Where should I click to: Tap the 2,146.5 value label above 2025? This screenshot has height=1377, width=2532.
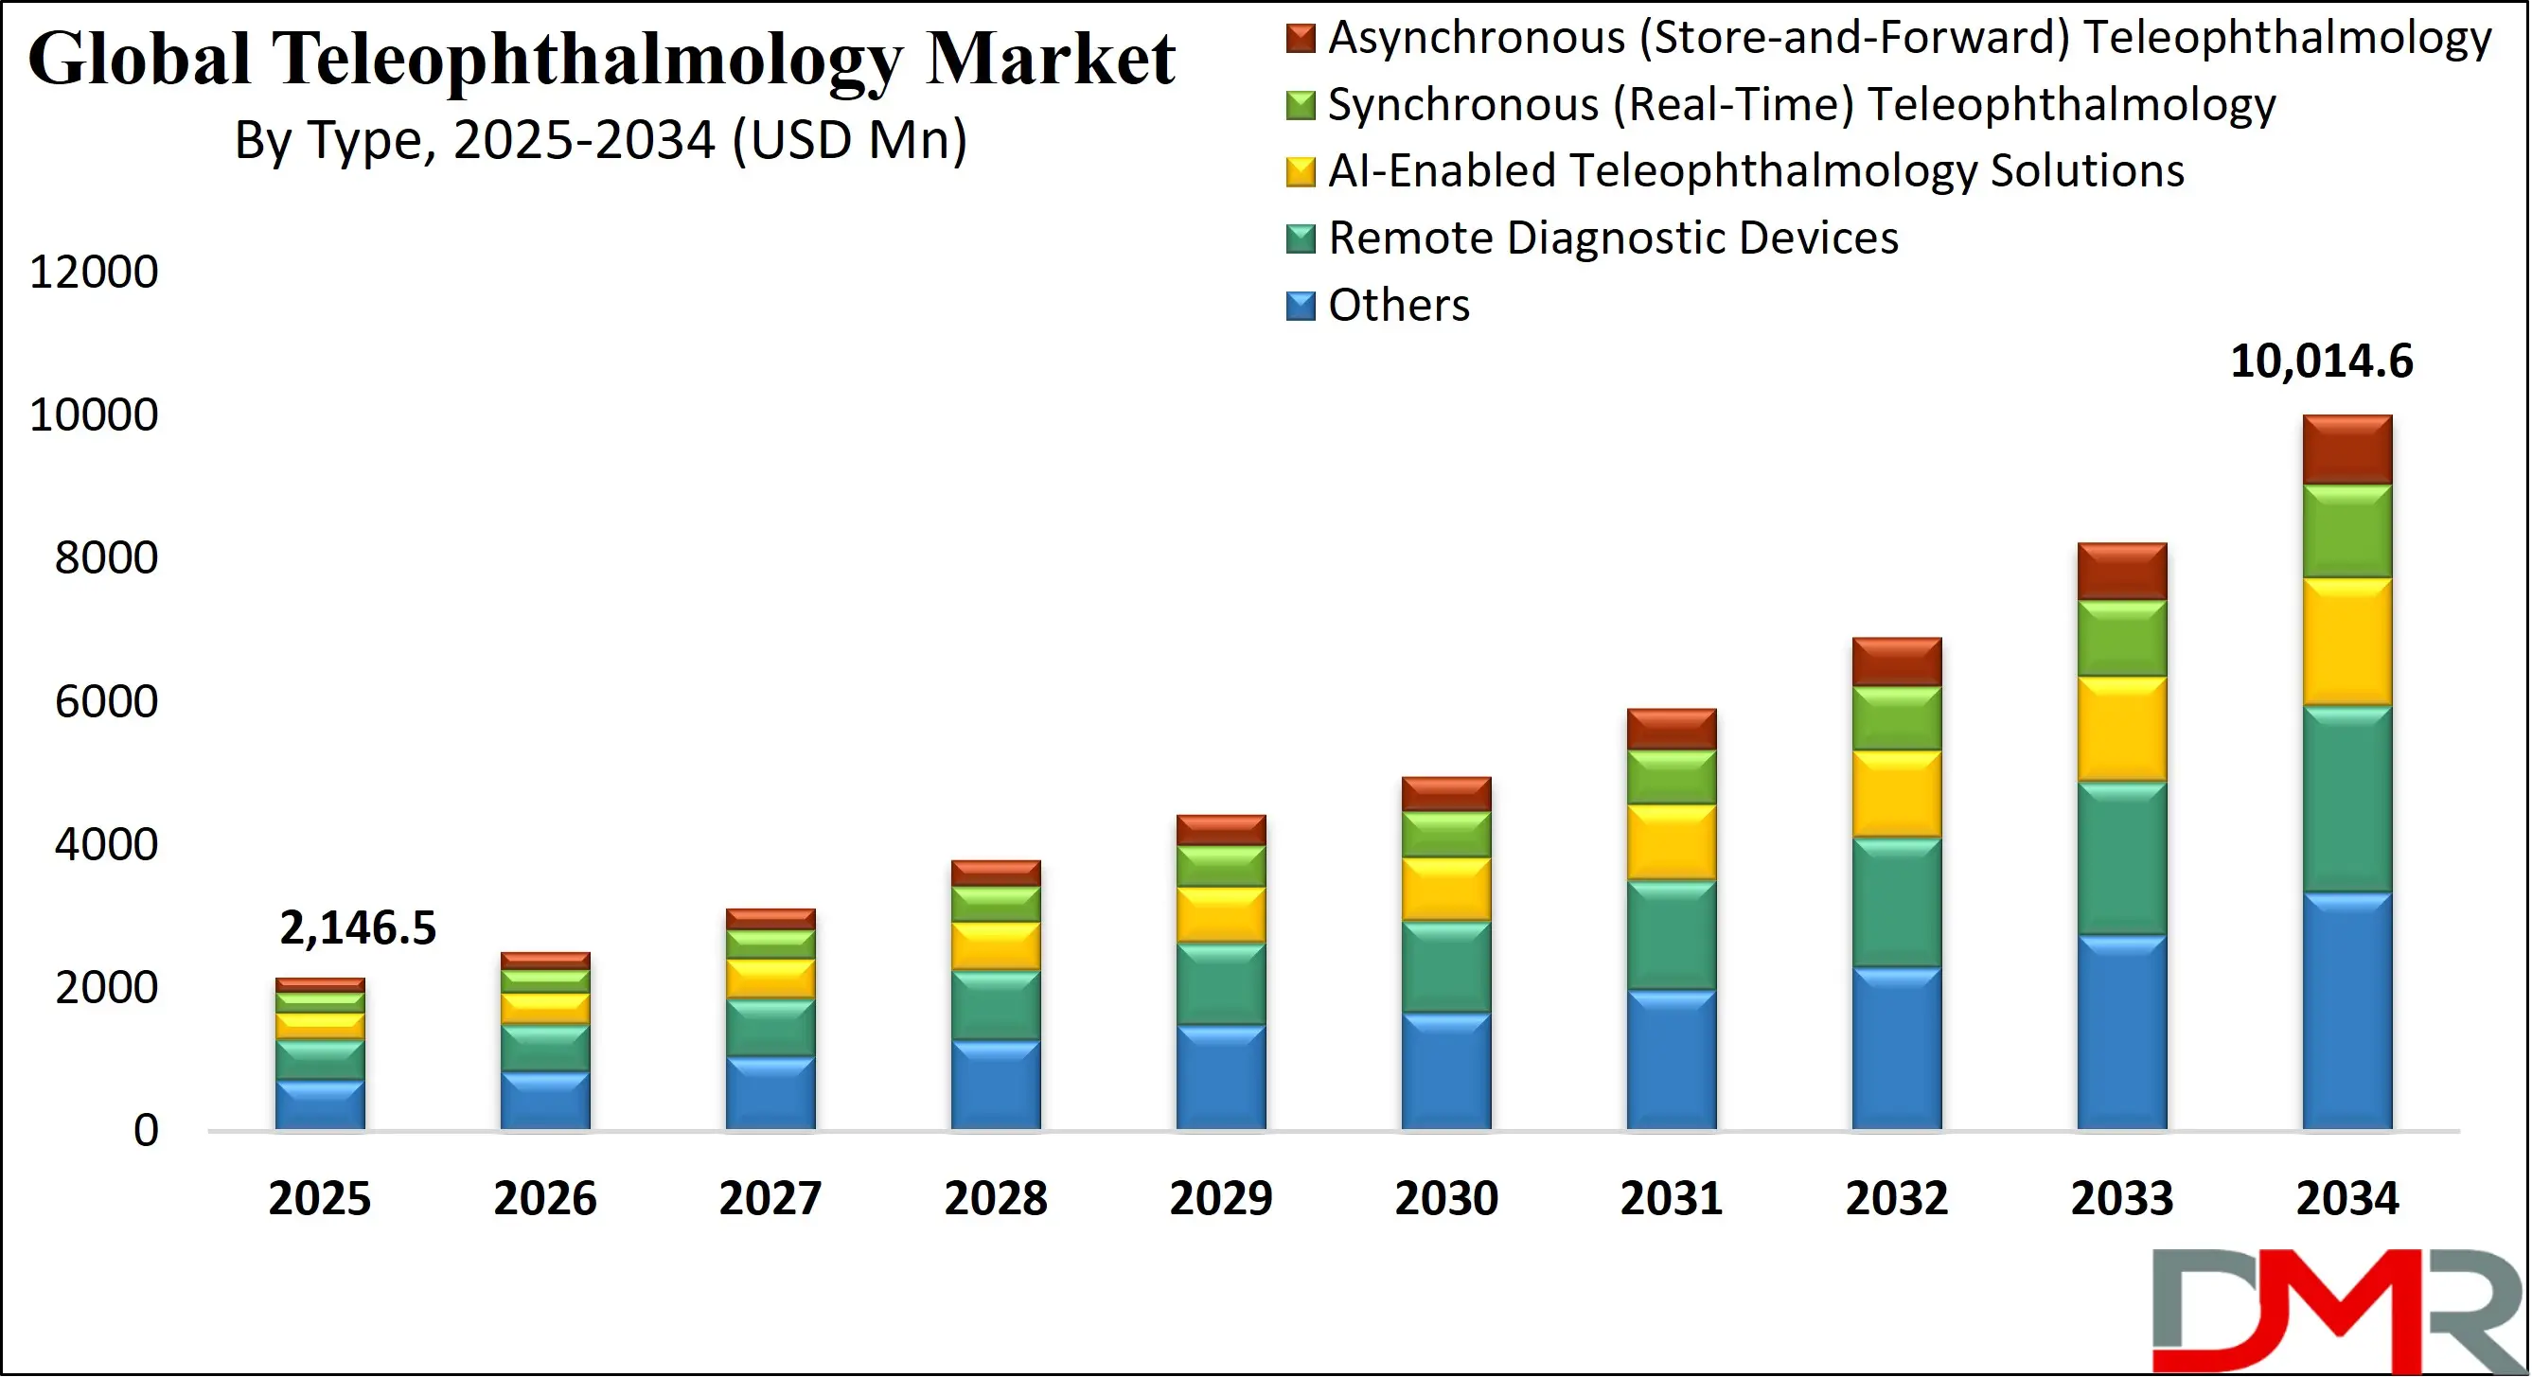[x=357, y=927]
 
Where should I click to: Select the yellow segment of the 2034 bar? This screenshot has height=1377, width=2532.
[x=2347, y=642]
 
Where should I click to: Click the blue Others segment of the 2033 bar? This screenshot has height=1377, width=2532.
[x=2121, y=1032]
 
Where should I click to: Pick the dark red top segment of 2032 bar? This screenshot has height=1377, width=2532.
[x=1896, y=662]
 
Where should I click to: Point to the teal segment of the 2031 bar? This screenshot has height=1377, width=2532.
[x=1671, y=935]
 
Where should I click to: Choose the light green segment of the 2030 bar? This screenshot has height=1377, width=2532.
[x=1446, y=835]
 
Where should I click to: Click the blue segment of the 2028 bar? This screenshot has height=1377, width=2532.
[x=995, y=1086]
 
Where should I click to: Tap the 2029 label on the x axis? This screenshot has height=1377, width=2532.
[x=1220, y=1198]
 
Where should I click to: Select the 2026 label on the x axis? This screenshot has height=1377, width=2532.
[x=544, y=1198]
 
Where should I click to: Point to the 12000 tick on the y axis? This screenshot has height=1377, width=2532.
[x=94, y=273]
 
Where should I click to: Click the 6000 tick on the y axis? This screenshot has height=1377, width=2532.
[x=105, y=702]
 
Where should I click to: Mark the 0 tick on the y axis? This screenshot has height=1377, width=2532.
[x=146, y=1130]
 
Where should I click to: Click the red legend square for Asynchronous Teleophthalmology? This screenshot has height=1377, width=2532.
[x=1300, y=39]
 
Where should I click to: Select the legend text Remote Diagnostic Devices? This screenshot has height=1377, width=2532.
[x=1612, y=238]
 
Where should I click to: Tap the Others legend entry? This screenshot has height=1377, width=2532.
[x=1398, y=306]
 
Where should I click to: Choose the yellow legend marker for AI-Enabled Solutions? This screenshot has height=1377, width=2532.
[x=1300, y=172]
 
